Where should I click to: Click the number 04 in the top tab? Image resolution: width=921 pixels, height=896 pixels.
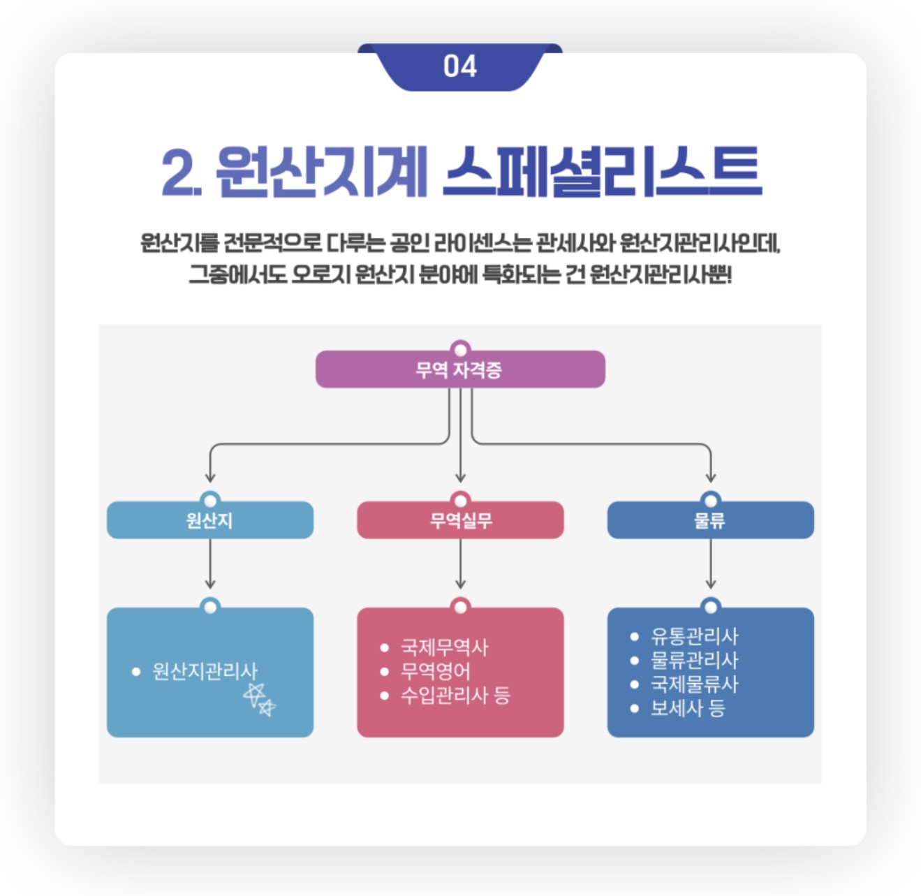[459, 66]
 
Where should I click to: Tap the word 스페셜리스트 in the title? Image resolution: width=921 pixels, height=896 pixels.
[601, 172]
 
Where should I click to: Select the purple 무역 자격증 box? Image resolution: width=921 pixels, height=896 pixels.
[459, 369]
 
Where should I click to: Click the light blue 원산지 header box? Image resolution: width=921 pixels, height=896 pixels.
[209, 520]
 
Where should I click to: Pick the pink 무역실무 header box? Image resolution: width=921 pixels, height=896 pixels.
[460, 520]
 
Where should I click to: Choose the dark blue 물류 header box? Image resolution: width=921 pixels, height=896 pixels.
[710, 520]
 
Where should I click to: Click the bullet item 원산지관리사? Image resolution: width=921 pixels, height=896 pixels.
[204, 671]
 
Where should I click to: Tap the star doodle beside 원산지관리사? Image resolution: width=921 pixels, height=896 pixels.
[259, 699]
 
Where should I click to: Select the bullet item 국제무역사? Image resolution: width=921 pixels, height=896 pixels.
[444, 647]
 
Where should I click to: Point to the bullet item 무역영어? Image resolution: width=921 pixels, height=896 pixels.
[435, 671]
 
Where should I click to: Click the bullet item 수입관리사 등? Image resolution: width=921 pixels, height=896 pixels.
[455, 695]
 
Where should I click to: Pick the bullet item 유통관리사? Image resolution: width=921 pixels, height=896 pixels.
[694, 636]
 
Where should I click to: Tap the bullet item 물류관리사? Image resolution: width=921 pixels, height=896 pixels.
[694, 660]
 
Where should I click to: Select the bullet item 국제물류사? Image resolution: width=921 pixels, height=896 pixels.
[694, 684]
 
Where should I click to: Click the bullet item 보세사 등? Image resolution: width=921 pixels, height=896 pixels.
[688, 707]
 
